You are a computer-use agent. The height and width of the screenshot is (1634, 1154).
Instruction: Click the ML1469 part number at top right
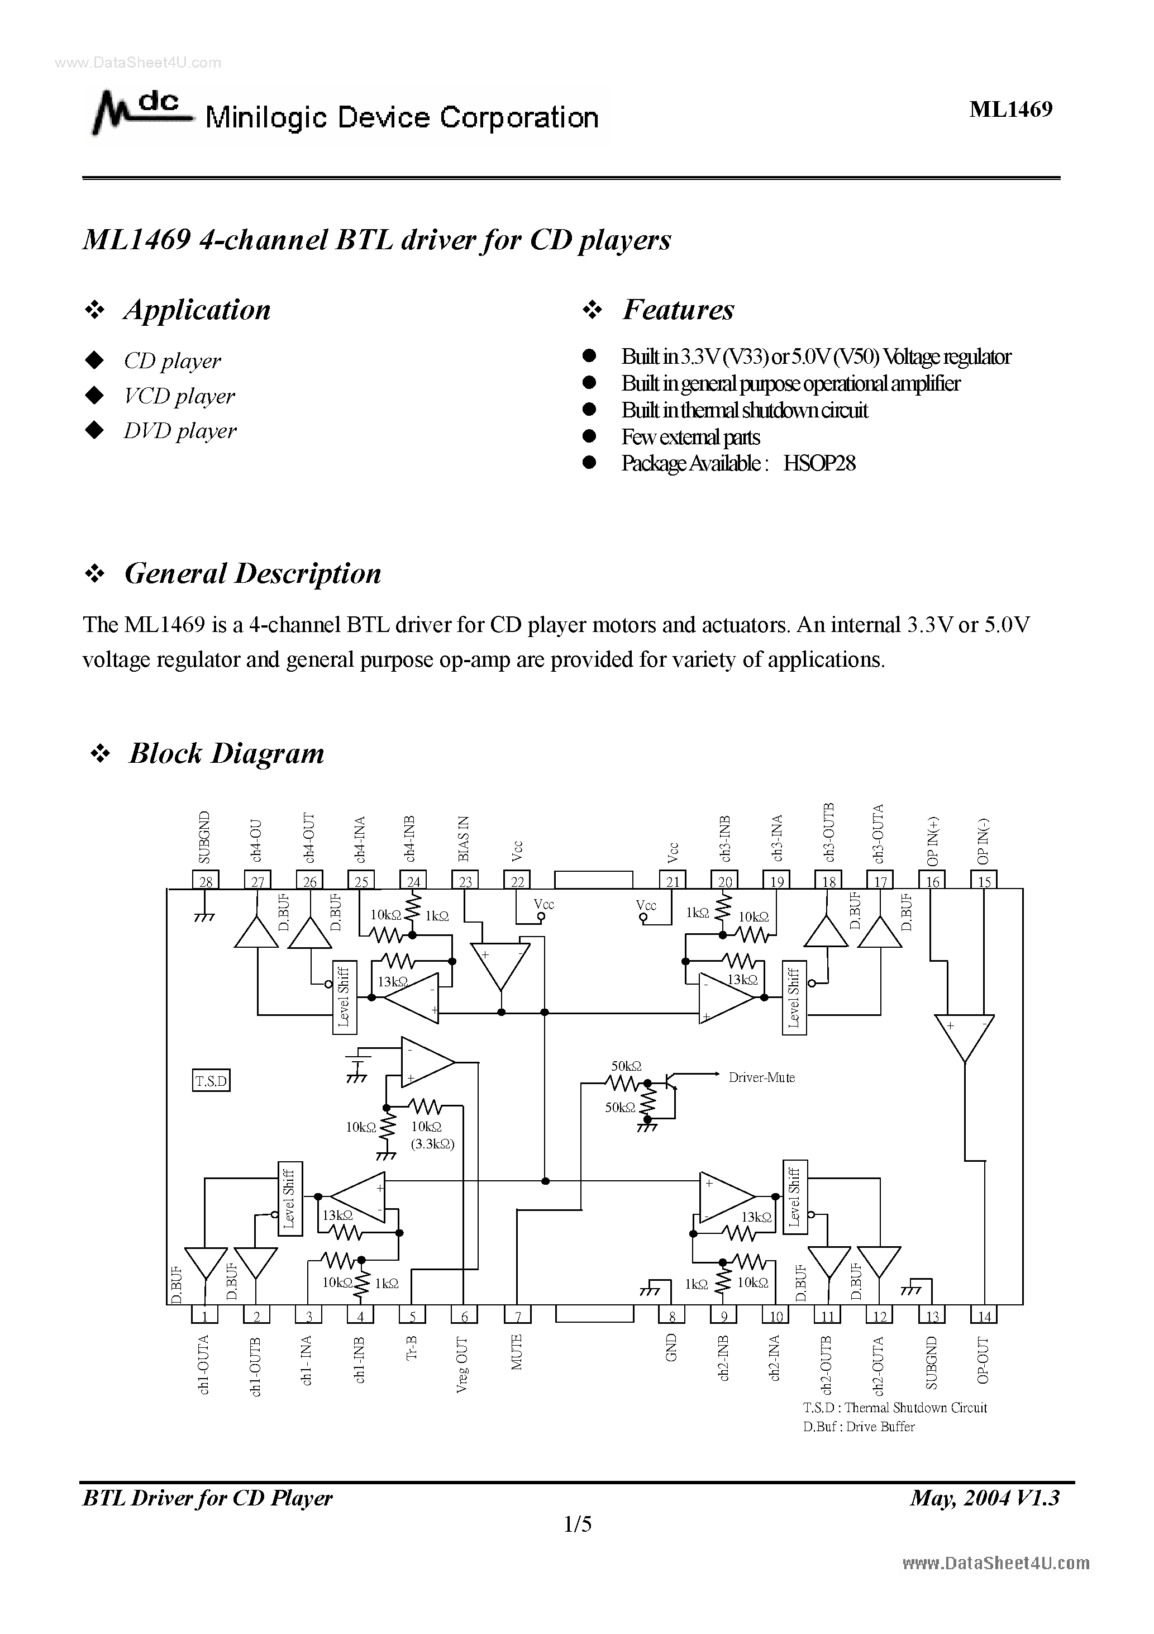[x=1010, y=109]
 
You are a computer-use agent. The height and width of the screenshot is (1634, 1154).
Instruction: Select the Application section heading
[x=197, y=310]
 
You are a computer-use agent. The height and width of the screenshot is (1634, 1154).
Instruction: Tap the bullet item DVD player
[x=179, y=430]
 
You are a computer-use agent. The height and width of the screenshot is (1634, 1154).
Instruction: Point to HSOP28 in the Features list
[x=819, y=463]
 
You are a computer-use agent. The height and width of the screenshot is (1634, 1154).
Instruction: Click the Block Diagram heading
[x=226, y=753]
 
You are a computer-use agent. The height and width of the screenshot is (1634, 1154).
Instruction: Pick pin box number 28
[x=206, y=881]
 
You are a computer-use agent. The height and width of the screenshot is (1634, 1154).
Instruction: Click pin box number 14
[x=984, y=1316]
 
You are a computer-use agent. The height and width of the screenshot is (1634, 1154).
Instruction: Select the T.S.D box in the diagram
[x=211, y=1081]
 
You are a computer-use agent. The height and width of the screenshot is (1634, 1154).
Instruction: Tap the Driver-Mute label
[x=761, y=1077]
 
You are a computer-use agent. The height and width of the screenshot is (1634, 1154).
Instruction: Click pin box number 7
[x=518, y=1316]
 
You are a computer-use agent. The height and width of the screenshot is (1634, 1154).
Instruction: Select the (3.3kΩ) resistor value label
[x=432, y=1144]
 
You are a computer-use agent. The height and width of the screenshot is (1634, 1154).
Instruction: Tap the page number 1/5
[x=577, y=1524]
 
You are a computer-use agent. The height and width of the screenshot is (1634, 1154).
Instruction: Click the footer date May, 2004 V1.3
[x=985, y=1498]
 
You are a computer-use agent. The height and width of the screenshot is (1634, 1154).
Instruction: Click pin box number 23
[x=465, y=881]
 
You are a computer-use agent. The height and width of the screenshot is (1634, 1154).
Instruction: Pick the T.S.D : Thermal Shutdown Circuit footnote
[x=894, y=1408]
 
